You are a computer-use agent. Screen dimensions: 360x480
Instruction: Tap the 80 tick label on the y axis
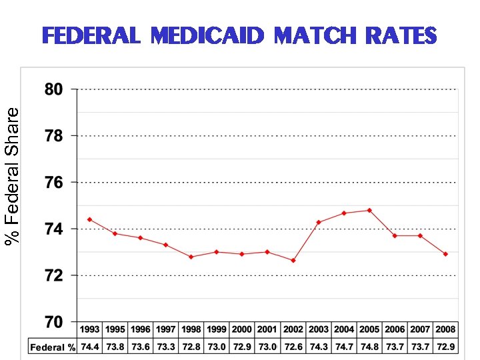click(x=53, y=89)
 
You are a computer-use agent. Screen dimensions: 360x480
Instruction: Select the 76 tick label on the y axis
click(x=53, y=182)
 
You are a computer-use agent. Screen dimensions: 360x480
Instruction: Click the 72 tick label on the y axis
click(x=53, y=275)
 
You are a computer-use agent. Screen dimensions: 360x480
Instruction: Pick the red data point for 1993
click(x=90, y=219)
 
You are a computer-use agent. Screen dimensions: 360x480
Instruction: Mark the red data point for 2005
click(x=369, y=210)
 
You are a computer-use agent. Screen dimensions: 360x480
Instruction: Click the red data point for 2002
click(x=293, y=261)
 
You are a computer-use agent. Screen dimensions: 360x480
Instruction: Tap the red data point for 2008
click(x=445, y=254)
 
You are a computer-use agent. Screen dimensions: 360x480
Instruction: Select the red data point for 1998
click(x=191, y=257)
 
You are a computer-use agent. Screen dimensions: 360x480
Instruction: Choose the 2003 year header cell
click(x=319, y=329)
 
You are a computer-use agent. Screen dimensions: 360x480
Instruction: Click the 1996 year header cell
click(x=141, y=329)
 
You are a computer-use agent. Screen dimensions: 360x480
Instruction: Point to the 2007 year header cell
click(x=420, y=329)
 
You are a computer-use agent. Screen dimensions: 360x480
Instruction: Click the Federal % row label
click(x=53, y=347)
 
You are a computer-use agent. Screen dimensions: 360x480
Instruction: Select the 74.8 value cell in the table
click(x=369, y=347)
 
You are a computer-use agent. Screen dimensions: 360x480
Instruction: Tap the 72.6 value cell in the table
click(x=293, y=347)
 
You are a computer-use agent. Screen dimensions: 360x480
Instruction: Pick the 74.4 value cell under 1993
click(x=90, y=347)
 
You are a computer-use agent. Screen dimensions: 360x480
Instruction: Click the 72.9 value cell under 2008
click(x=445, y=347)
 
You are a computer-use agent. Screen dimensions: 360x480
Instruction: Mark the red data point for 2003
click(x=319, y=222)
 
